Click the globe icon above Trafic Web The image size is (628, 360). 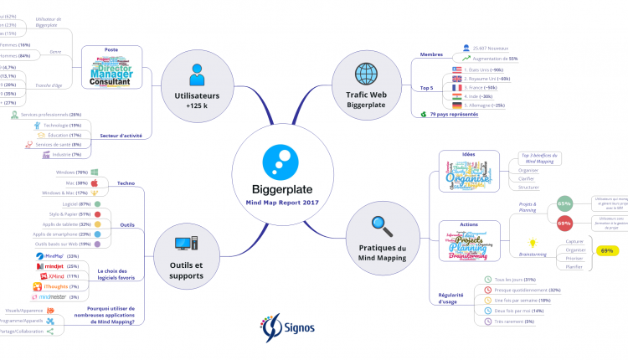366,72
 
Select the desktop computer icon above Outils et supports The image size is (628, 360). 186,244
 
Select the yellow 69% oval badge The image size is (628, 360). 607,250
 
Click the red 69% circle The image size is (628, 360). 564,224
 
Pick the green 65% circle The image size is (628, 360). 564,203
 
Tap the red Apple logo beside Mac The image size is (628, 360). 95,183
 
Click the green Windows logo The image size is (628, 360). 95,172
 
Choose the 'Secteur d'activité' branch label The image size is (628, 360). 119,134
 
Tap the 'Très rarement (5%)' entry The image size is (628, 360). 516,321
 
